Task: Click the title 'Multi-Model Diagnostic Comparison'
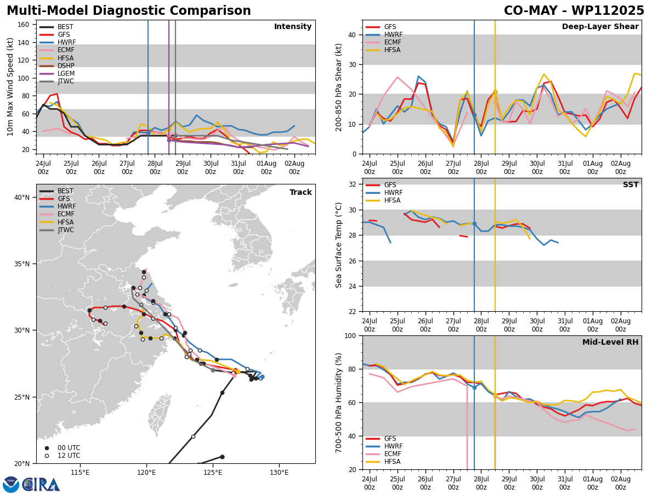128,11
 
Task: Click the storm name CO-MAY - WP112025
574,11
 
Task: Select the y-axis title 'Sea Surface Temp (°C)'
339,245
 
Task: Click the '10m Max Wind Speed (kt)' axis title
9,87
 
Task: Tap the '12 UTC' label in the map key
69,456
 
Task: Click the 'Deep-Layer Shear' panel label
600,27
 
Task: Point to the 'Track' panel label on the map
300,193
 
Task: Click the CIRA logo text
41,484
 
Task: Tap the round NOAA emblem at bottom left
11,484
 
